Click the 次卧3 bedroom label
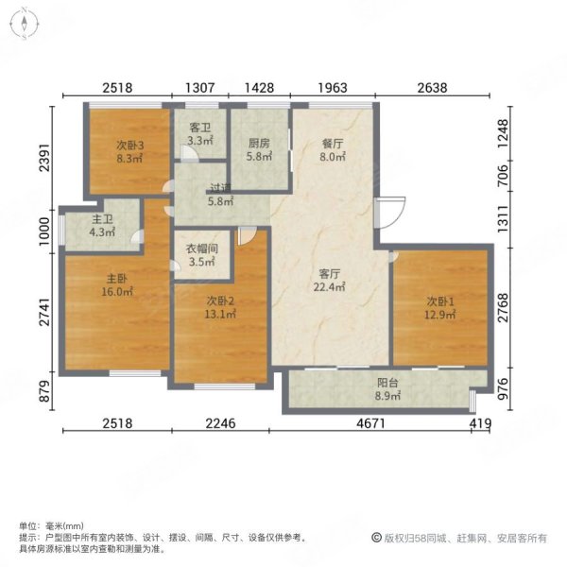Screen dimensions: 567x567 click(x=129, y=146)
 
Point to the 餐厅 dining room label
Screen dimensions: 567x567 click(x=332, y=145)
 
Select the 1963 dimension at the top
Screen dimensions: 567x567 click(x=333, y=87)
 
